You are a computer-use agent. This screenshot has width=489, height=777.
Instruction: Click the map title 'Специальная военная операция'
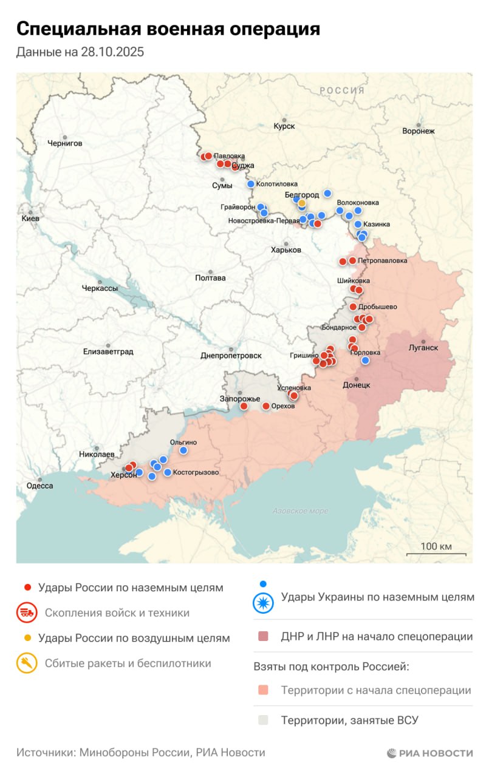[x=168, y=29]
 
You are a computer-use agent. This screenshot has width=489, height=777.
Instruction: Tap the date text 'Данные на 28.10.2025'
[x=80, y=52]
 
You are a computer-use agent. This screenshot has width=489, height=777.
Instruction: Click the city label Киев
[x=30, y=218]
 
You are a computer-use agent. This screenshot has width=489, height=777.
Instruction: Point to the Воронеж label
[x=419, y=131]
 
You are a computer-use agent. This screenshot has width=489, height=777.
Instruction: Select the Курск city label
[x=284, y=126]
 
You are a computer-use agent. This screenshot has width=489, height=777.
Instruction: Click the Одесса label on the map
[x=39, y=486]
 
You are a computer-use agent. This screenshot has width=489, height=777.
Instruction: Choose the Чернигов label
[x=64, y=143]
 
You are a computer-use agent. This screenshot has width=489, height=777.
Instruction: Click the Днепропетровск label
[x=231, y=356]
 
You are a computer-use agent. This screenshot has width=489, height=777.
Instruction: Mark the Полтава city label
[x=210, y=278]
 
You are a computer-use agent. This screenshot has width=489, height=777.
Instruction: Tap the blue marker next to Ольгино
[x=183, y=450]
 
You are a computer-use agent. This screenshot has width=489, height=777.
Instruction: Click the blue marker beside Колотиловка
[x=251, y=184]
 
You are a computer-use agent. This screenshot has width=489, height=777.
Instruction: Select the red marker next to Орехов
[x=265, y=406]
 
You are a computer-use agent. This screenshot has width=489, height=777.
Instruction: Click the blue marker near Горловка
[x=365, y=361]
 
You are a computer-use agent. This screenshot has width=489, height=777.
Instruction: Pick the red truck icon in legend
[x=27, y=612]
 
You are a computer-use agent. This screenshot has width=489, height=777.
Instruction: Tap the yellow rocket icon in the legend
[x=27, y=663]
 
